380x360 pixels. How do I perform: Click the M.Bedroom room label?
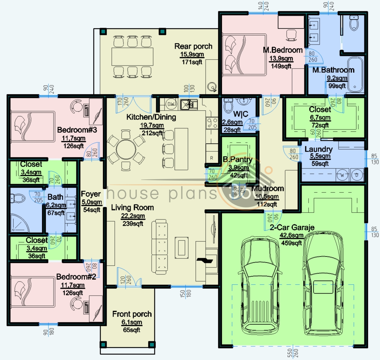tap(283, 50)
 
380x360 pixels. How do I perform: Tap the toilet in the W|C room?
tap(228, 106)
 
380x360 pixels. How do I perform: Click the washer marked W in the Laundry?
tap(342, 175)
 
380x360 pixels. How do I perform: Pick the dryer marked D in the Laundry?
tap(357, 175)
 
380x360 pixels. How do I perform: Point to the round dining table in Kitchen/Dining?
tap(126, 149)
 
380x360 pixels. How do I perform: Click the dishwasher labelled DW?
tap(171, 104)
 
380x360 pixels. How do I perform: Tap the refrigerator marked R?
tap(212, 158)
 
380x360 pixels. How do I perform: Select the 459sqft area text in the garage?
tap(291, 243)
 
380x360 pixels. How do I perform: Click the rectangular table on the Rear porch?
tap(132, 57)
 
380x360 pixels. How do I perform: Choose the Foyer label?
tap(91, 194)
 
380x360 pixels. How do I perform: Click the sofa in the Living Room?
tap(160, 247)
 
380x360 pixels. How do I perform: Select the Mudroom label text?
tap(268, 188)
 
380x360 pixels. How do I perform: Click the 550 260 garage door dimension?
tap(293, 353)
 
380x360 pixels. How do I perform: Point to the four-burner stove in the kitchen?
tap(212, 123)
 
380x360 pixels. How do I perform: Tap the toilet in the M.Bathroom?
tap(354, 23)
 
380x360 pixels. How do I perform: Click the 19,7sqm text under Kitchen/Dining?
tap(152, 125)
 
